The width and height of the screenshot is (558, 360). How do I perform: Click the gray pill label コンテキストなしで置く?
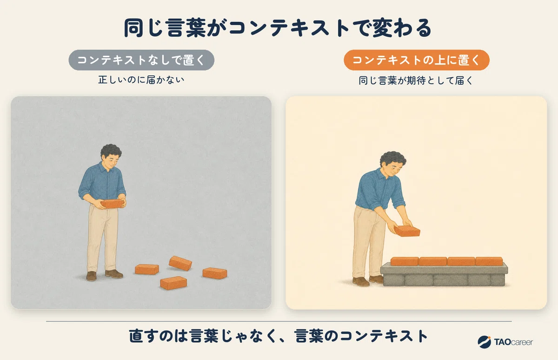click(141, 60)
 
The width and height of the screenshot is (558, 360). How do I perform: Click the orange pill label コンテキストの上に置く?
click(417, 60)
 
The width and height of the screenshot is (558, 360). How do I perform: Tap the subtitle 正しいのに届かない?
click(141, 80)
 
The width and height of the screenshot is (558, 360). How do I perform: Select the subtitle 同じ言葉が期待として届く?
click(416, 80)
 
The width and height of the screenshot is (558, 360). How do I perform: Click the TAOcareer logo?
click(505, 342)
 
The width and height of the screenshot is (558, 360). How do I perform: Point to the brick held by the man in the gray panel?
click(113, 204)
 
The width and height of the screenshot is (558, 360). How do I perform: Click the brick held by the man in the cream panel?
click(407, 231)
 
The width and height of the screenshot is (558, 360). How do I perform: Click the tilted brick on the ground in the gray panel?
click(180, 263)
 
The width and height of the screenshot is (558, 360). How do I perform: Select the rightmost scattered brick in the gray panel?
click(215, 273)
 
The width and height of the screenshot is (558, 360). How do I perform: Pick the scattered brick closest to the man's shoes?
click(147, 269)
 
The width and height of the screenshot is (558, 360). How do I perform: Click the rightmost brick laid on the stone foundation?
click(489, 261)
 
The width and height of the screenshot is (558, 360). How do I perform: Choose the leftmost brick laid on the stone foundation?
click(405, 261)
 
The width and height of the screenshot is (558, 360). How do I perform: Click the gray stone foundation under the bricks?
click(444, 275)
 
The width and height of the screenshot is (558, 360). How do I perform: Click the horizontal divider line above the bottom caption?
click(279, 321)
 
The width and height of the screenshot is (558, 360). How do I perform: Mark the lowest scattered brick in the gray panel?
click(173, 283)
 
